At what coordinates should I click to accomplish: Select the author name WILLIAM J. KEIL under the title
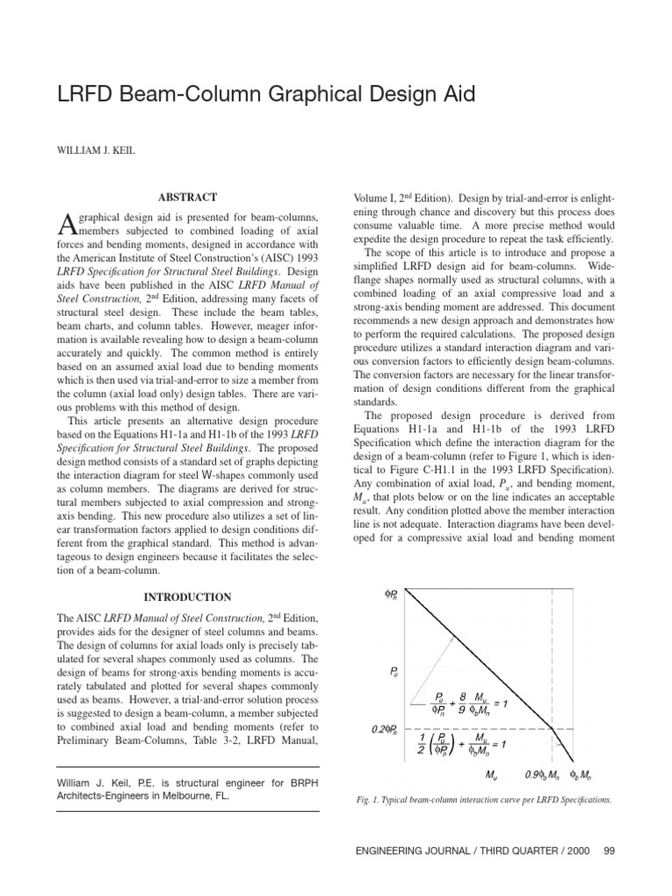97,148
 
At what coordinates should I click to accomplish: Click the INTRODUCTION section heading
188,598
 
